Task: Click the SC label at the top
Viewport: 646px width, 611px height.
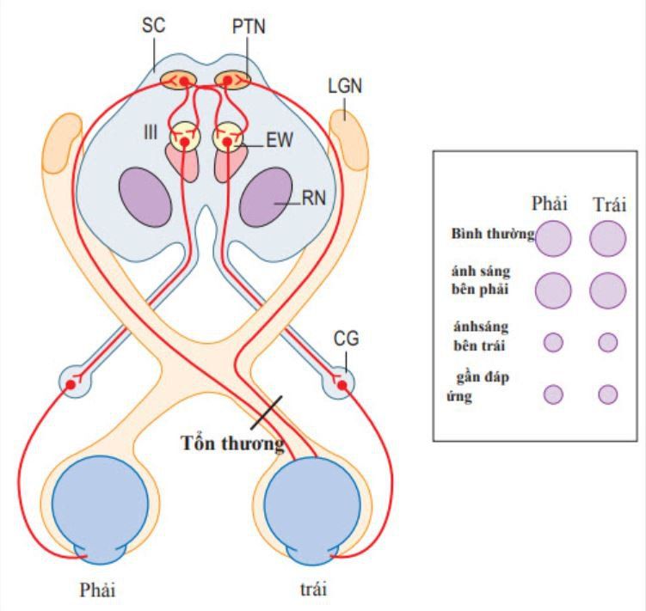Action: [153, 27]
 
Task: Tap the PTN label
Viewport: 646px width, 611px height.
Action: [249, 27]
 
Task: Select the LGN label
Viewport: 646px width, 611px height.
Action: [345, 86]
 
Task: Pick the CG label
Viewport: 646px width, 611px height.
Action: [346, 339]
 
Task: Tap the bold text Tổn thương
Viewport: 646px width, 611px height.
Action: [232, 444]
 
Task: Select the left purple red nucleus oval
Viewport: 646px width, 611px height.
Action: [145, 197]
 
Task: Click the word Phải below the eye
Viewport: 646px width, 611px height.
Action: [95, 590]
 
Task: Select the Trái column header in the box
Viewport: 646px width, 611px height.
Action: [609, 205]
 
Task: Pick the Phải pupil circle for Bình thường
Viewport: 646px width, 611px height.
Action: [553, 237]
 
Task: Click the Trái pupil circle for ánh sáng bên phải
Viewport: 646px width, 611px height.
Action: [607, 290]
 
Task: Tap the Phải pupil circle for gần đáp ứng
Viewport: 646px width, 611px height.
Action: [553, 394]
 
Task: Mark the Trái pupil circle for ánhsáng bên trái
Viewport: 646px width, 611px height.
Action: [607, 342]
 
